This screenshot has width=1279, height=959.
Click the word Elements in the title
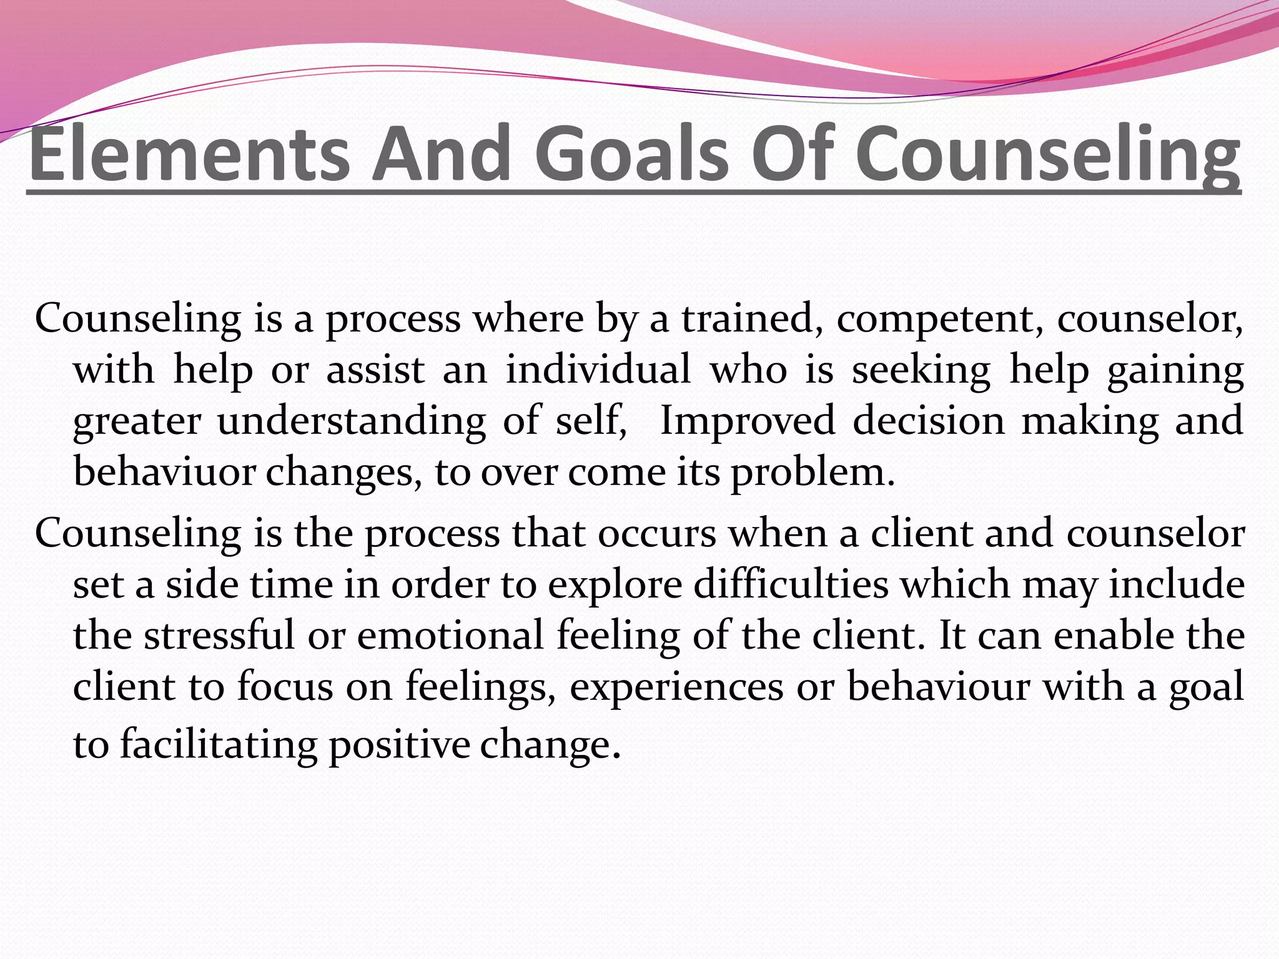[x=190, y=154]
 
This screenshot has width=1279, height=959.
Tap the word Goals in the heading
[x=631, y=154]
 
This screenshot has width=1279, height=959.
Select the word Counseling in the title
[x=1047, y=154]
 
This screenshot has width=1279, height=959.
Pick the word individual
[x=598, y=370]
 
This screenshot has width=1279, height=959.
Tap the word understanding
[x=352, y=421]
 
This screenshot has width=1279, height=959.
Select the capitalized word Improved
[x=747, y=421]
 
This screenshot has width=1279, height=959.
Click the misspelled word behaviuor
[x=164, y=472]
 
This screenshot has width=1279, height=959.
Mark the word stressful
[x=219, y=636]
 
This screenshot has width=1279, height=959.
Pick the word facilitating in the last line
[x=219, y=744]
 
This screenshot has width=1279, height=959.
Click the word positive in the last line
[x=399, y=744]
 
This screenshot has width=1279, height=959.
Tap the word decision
[x=929, y=421]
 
